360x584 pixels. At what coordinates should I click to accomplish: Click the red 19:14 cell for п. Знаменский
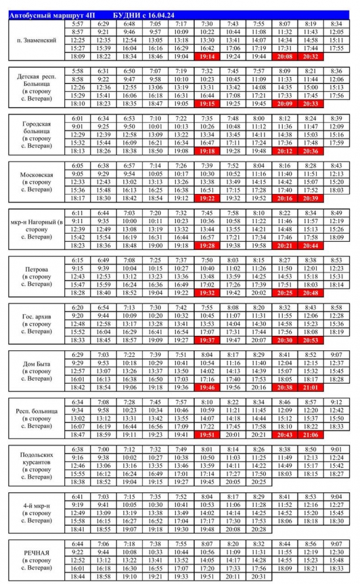click(x=207, y=57)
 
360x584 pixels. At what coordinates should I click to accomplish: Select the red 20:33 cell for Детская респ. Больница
click(x=311, y=103)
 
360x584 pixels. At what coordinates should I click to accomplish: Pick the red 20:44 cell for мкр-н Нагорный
click(x=311, y=245)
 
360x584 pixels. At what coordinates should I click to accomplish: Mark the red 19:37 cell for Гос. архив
click(x=207, y=339)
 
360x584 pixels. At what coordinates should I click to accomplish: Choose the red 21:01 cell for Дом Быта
click(x=311, y=387)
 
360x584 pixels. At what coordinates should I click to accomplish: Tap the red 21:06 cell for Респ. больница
click(x=311, y=434)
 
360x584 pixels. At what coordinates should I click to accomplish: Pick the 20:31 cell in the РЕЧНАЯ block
click(x=258, y=576)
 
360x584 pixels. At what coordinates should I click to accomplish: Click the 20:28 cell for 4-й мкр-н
click(x=258, y=529)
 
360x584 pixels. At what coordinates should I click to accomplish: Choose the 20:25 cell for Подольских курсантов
click(x=258, y=482)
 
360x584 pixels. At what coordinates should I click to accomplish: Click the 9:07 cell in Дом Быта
click(x=337, y=354)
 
